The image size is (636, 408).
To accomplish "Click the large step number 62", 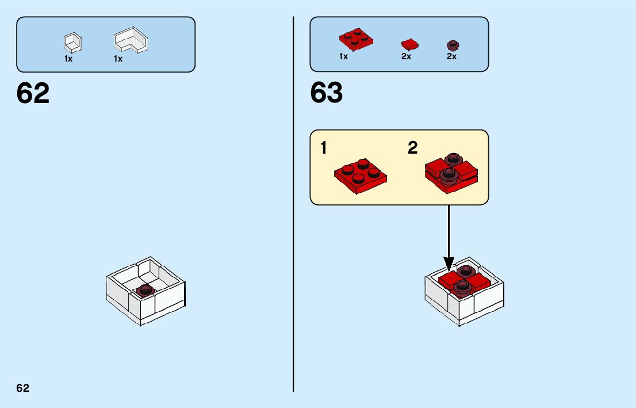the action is click(33, 93).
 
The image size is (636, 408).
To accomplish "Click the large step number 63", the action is click(326, 93).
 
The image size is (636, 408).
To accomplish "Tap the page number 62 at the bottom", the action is click(22, 388).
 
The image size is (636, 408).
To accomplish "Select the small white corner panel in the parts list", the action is click(72, 43).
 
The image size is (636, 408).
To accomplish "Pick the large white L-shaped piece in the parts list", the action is click(131, 41).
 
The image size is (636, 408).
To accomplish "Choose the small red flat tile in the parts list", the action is click(409, 44).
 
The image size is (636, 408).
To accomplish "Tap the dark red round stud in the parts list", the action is click(453, 44).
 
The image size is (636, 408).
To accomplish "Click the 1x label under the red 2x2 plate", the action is click(343, 57).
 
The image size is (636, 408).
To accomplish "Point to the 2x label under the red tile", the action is click(406, 57).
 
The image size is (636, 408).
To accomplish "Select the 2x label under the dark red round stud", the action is click(451, 57).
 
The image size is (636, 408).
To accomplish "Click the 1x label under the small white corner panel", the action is click(68, 59).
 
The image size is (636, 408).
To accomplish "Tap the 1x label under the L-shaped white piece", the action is click(118, 59).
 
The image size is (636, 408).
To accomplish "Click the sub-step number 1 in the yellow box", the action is click(324, 148).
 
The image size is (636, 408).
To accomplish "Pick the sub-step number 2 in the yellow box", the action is click(412, 148).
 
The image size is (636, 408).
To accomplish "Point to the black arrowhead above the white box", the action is click(449, 264).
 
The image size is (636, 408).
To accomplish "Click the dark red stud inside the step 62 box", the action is click(147, 289).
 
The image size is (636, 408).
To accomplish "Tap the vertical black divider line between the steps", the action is click(293, 201).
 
